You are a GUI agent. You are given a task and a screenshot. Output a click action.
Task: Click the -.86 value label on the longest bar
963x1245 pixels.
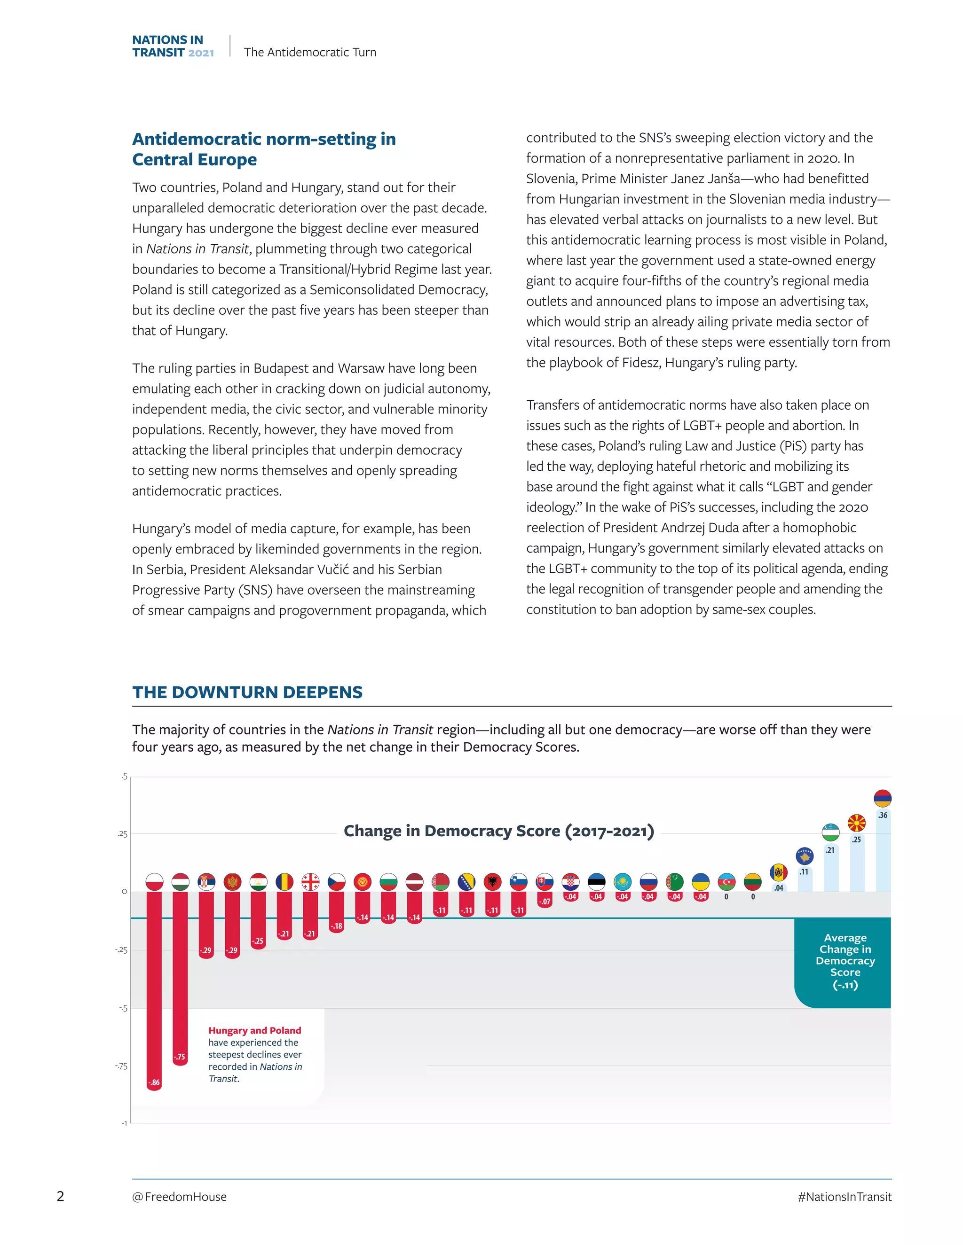(154, 1082)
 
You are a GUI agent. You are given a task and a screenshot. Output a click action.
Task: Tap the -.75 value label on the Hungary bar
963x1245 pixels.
(180, 1056)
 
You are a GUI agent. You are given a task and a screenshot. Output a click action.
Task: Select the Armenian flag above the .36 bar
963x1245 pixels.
(882, 798)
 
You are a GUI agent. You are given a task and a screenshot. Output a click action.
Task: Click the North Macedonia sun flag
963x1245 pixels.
(856, 823)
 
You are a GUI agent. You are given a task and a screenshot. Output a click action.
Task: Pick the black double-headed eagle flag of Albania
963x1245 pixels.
(492, 882)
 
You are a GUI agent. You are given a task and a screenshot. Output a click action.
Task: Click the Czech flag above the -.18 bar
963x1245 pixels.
(337, 882)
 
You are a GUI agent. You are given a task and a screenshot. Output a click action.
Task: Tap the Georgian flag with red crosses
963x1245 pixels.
(310, 882)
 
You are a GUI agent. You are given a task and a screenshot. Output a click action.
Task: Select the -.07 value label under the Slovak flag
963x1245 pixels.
(545, 901)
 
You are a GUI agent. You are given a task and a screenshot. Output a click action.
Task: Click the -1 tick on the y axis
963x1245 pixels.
(124, 1123)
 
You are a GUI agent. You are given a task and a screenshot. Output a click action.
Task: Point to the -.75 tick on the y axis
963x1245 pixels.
(121, 1066)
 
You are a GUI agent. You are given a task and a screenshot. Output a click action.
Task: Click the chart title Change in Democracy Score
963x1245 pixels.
(498, 831)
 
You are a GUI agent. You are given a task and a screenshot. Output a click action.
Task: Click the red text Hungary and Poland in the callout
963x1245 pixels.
(254, 1030)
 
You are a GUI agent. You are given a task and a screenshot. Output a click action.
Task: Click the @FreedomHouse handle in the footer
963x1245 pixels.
(179, 1197)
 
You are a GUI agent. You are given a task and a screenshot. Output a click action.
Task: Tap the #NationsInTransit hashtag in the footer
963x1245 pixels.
(845, 1197)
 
